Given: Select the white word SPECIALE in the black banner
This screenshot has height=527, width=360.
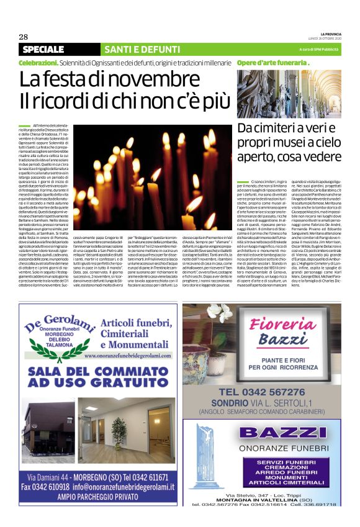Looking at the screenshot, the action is tap(47, 49).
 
